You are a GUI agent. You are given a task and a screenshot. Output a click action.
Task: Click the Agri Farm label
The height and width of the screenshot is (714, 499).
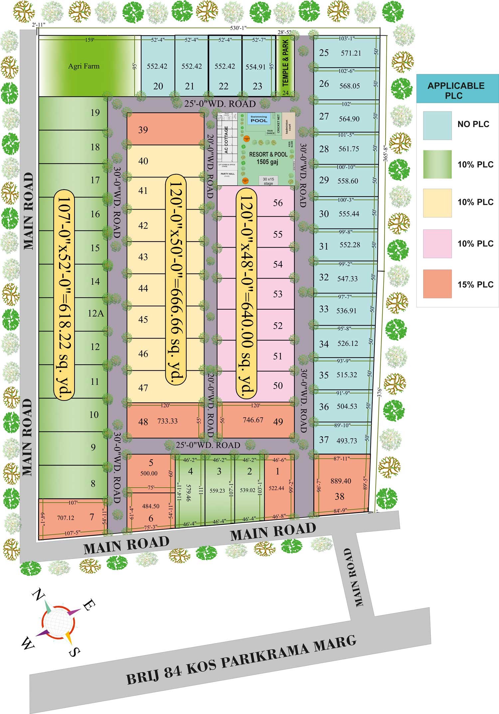pos(84,66)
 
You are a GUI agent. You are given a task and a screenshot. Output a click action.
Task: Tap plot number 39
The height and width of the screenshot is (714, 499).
pos(143,130)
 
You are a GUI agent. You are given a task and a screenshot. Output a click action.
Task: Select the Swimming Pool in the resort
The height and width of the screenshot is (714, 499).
pos(259,119)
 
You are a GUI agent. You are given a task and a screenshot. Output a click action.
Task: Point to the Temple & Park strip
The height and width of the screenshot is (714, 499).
pos(285,65)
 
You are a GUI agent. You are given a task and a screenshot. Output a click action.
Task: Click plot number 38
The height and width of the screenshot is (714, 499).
pos(339,497)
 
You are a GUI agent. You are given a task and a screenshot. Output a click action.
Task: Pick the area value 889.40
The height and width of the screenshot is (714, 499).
pos(341,481)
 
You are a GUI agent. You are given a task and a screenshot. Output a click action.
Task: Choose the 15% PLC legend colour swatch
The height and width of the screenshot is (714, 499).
pos(437,284)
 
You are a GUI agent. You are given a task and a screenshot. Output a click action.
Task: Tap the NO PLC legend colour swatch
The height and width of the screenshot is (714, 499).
pos(437,125)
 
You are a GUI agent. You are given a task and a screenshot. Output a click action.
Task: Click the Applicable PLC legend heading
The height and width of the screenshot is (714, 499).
pos(456,90)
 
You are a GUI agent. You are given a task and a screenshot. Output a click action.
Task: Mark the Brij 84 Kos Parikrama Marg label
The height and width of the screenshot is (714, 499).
pos(242,659)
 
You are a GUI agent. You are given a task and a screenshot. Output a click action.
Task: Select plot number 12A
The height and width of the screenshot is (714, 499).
pos(96,313)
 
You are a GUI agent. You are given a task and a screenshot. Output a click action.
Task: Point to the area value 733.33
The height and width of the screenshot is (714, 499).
pos(167,421)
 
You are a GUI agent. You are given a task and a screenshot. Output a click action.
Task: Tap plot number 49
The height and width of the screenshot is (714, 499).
pos(278,422)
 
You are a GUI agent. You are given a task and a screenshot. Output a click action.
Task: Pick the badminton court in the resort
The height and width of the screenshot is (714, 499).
pos(288,125)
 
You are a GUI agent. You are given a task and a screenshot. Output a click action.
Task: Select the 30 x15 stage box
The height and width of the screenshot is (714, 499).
pos(268,181)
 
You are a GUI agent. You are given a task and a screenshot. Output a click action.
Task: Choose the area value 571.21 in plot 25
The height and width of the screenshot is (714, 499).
pos(351,53)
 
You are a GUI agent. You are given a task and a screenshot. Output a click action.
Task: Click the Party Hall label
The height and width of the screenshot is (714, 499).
pos(228,174)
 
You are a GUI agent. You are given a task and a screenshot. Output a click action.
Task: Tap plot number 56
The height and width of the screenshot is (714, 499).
pos(278,203)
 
